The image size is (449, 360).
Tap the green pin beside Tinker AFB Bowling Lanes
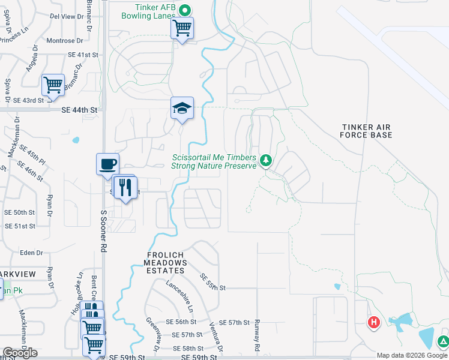(185, 10)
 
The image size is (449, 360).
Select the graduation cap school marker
(182, 108)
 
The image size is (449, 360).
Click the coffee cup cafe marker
(108, 164)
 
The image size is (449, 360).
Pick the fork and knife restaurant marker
(125, 187)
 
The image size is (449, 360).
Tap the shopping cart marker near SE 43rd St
(53, 85)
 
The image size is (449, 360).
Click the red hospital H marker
(374, 322)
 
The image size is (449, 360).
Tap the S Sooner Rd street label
(103, 230)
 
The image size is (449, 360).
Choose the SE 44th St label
(80, 110)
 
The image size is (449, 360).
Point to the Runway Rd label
(256, 335)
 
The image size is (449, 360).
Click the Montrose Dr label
(64, 41)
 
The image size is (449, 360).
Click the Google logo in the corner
(20, 353)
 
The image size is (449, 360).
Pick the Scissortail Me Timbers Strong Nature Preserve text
(214, 161)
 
